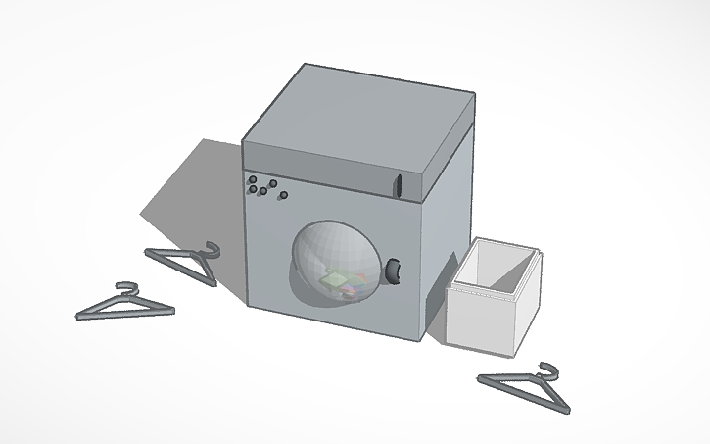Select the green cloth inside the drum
336,280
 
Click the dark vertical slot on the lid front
399,183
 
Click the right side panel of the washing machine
447,225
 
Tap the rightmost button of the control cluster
283,195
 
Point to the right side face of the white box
528,298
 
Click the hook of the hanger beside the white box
548,369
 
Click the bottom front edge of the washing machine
333,322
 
